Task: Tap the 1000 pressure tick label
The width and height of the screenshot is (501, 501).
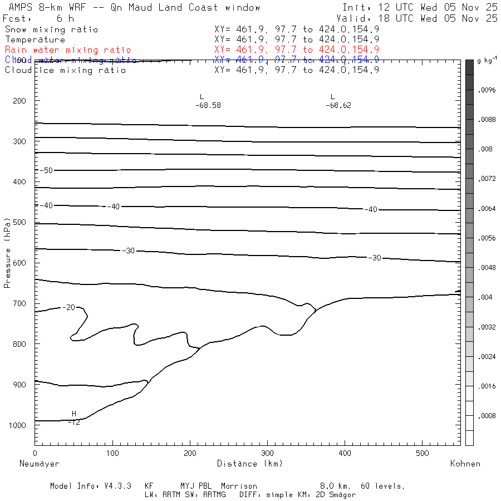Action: [x=18, y=425]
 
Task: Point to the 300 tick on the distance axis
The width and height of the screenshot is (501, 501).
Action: [x=267, y=453]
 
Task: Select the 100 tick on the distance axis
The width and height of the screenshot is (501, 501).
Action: [x=112, y=453]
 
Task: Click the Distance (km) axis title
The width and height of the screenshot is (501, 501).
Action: [x=249, y=464]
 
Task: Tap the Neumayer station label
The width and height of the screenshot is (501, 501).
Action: [x=39, y=464]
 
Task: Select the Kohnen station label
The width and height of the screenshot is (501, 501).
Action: [x=465, y=464]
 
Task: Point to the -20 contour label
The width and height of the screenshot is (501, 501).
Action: [x=68, y=307]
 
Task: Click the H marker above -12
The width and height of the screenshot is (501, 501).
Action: [x=74, y=414]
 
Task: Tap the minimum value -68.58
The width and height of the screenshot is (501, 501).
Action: [x=208, y=105]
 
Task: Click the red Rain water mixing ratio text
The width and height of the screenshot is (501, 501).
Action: [x=68, y=50]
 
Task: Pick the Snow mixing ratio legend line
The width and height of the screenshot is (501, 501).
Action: [x=51, y=30]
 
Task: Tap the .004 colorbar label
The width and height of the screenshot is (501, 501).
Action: [x=485, y=297]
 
